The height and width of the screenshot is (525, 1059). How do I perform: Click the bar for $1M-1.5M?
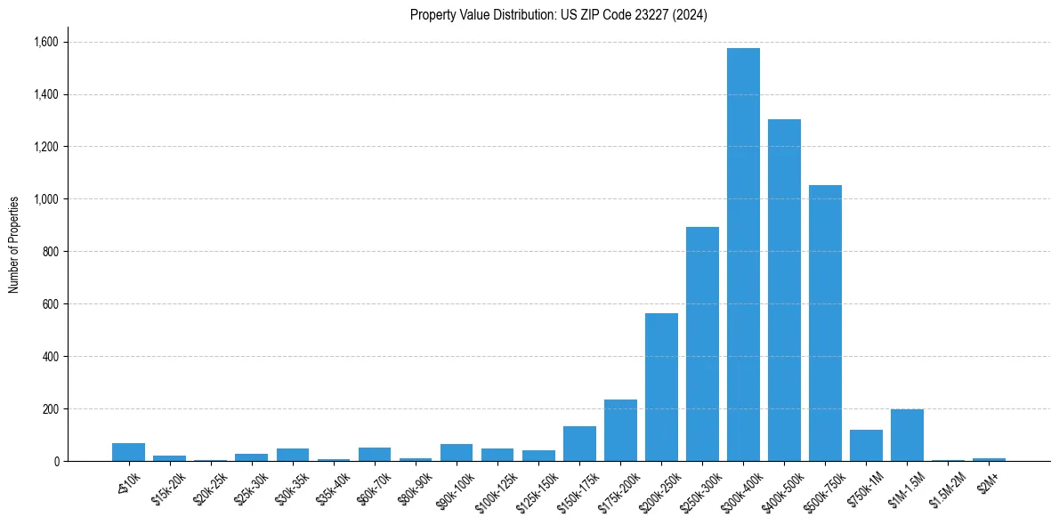907,435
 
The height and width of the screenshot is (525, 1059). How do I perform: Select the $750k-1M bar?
866,446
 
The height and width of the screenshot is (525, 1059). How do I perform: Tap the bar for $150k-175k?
579,444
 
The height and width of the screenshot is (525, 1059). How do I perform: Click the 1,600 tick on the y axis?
45,42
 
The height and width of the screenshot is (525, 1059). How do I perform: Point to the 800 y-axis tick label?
49,252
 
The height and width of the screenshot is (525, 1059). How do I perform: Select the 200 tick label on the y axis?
49,409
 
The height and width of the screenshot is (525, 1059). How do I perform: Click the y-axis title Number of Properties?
14,245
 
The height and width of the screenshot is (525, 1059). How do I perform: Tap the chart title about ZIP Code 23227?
559,15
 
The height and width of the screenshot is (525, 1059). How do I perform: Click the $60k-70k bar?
375,455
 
